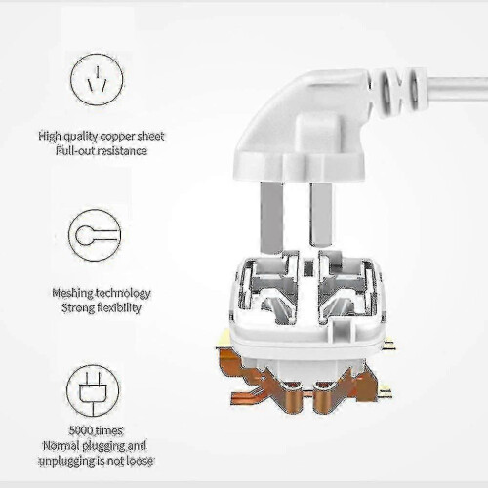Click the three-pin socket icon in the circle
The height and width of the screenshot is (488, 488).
97,80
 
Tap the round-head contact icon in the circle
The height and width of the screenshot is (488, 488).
95,235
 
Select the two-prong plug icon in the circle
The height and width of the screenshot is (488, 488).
93,390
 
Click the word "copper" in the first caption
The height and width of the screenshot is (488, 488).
117,137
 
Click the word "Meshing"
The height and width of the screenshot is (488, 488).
72,294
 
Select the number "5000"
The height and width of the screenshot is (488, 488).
81,430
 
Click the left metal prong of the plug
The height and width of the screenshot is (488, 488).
271,218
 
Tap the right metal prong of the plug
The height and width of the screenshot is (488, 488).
321,214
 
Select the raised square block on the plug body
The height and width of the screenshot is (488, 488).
315,135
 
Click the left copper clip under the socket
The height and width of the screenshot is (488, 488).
257,383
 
